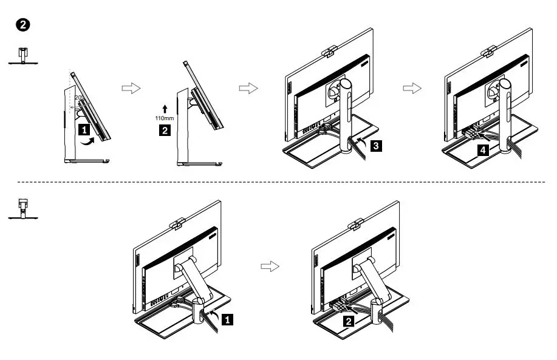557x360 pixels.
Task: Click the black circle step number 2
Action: pos(22,25)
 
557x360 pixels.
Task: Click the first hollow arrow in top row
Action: pos(131,88)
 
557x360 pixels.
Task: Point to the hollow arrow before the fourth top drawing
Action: pos(412,88)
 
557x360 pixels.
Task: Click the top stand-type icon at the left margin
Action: pos(22,56)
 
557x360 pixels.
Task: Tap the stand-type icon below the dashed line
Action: pos(22,207)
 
